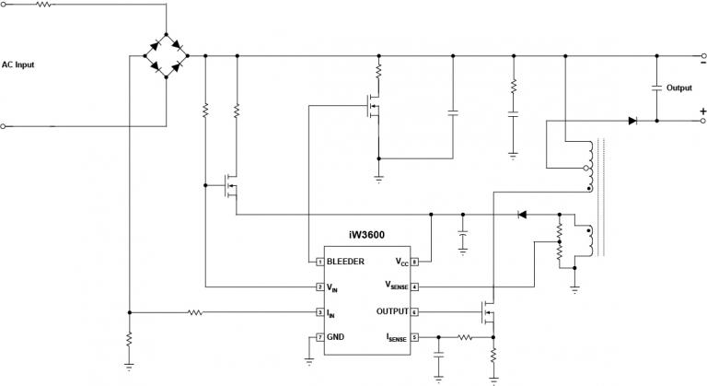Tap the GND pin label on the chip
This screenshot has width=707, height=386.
[x=335, y=338]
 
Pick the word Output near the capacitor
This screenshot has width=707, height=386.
[x=679, y=88]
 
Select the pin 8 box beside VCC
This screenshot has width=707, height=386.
[x=414, y=262]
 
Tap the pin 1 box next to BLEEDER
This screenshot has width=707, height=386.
[x=319, y=262]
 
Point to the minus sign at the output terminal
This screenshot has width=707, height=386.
[x=701, y=64]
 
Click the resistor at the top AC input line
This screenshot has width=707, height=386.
[x=44, y=5]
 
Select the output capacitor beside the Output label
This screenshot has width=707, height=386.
[x=656, y=88]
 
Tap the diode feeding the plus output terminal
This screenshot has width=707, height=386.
[x=633, y=120]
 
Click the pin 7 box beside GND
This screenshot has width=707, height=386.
[x=319, y=338]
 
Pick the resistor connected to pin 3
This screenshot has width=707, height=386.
[x=195, y=312]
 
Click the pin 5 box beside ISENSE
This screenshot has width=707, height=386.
[x=414, y=338]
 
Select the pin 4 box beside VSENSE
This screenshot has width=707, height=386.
[x=414, y=287]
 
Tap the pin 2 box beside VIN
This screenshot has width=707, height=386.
[x=319, y=287]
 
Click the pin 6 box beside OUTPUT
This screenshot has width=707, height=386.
[x=414, y=312]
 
